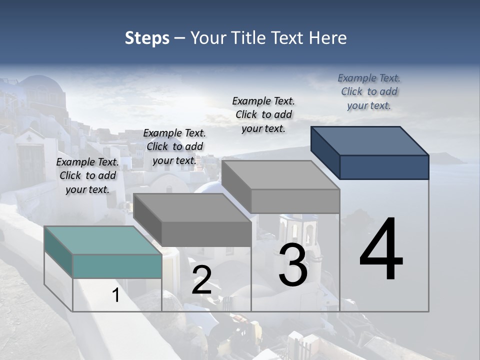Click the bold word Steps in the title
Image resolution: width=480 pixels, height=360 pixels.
pyautogui.click(x=147, y=38)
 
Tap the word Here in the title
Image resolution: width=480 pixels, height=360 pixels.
pyautogui.click(x=328, y=38)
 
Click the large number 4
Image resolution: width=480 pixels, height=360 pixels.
pyautogui.click(x=381, y=250)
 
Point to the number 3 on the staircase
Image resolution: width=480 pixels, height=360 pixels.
pyautogui.click(x=293, y=265)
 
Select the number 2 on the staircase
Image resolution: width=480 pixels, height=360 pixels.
pyautogui.click(x=201, y=280)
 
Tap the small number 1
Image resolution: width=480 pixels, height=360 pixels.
pyautogui.click(x=116, y=295)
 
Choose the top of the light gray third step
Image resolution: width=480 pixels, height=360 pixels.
pyautogui.click(x=280, y=175)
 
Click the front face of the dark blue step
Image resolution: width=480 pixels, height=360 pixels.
pyautogui.click(x=384, y=167)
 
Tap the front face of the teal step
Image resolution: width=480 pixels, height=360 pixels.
pyautogui.click(x=117, y=266)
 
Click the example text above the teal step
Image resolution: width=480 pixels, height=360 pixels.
pyautogui.click(x=87, y=175)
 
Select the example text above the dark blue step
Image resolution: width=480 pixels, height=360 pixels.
pyautogui.click(x=369, y=91)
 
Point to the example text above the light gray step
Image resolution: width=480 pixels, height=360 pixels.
pyautogui.click(x=263, y=114)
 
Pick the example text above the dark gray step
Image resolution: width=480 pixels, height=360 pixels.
pyautogui.click(x=174, y=146)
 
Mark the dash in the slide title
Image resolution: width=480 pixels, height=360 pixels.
pyautogui.click(x=179, y=38)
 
